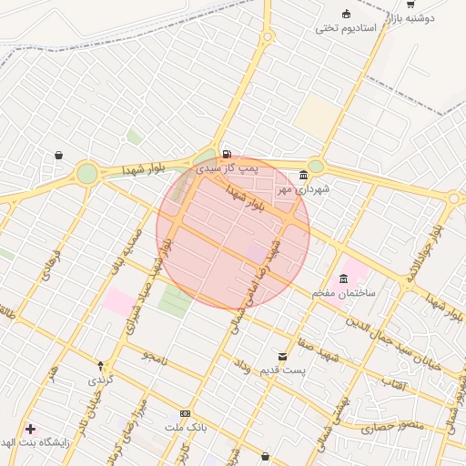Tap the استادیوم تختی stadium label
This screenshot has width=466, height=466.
(346, 27)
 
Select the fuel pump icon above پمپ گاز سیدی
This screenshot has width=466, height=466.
(226, 153)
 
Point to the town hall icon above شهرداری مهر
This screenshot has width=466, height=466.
(303, 175)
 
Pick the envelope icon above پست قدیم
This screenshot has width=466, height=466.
(282, 356)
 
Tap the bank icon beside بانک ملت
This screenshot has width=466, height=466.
(186, 413)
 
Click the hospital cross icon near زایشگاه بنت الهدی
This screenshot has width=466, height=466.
(31, 428)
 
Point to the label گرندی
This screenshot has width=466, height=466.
(100, 379)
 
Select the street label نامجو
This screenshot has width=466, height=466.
(156, 358)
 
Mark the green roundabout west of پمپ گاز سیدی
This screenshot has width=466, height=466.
(86, 173)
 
